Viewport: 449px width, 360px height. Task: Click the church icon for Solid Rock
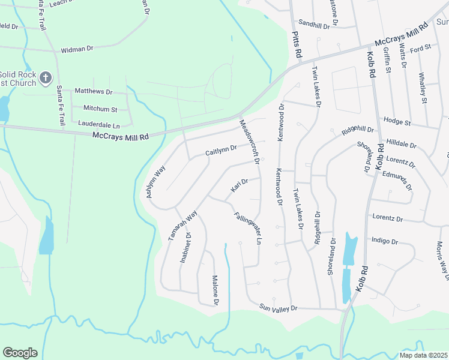46,77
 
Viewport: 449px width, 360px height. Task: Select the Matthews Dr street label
93,91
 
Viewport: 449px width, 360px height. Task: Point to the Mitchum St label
100,109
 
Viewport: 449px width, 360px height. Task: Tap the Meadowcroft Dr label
249,141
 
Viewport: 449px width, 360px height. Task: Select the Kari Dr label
240,187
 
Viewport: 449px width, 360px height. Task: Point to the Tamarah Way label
182,225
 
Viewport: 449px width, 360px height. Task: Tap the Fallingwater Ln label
249,227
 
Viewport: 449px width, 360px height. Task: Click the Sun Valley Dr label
278,308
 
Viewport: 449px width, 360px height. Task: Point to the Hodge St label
397,122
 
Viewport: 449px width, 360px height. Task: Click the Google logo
20,353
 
